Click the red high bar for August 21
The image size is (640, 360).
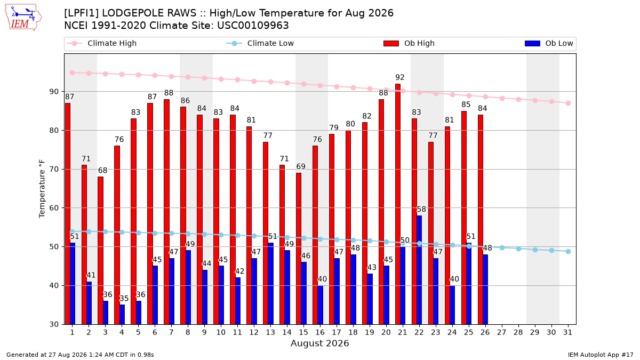pos(398,204)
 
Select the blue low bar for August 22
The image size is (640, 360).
pos(419,270)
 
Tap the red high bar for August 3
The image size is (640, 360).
pos(100,251)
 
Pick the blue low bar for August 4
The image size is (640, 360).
pos(122,315)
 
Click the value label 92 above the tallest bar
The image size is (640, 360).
pos(400,77)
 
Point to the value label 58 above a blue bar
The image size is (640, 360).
pos(421,210)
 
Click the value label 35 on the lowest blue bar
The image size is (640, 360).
pos(124,299)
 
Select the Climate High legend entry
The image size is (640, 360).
pos(102,43)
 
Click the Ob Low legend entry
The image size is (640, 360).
pos(549,43)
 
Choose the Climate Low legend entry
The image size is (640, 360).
pos(260,43)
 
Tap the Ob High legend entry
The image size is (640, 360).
pos(409,43)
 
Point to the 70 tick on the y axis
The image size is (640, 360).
pos(54,170)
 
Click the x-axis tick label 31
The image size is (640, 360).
pos(567,333)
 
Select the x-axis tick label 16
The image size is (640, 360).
pos(320,333)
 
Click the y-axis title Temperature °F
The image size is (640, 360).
pos(42,189)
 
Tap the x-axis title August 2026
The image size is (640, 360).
pos(319,343)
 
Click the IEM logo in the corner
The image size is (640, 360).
pos(23,18)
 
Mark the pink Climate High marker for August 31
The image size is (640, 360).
pos(568,103)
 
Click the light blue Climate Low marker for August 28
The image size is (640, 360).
pos(518,249)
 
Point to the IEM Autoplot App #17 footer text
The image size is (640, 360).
pos(601,355)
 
